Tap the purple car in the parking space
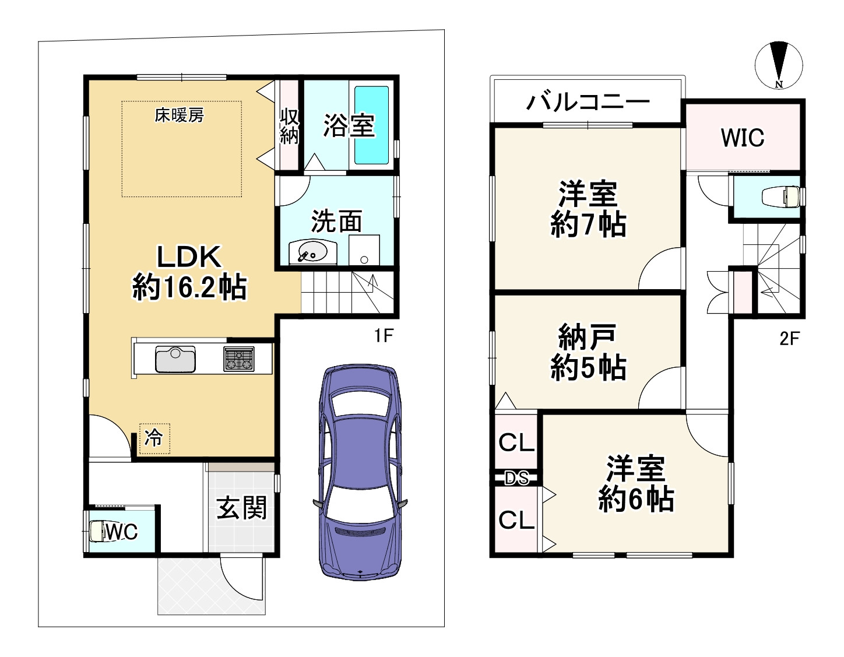point(360,472)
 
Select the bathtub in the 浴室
point(372,125)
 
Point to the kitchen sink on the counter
point(175,359)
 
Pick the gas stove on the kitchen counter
point(239,359)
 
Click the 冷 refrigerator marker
point(154,438)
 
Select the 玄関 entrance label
point(241,508)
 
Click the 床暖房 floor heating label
point(180,115)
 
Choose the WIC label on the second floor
point(742,138)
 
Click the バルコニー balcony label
point(588,102)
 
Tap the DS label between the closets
point(516,478)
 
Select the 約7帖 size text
point(588,224)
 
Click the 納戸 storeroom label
point(587,336)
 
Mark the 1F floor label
point(384,336)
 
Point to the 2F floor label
point(790,338)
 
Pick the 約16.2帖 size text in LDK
point(189,287)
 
